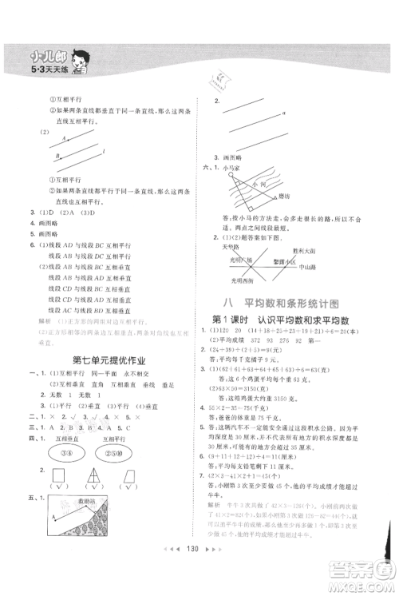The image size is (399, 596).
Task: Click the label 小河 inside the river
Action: click(260, 183)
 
